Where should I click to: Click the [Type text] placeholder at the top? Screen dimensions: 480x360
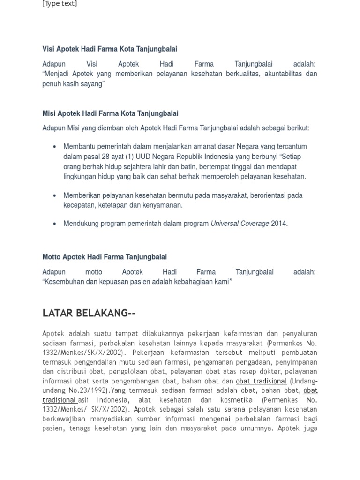pyautogui.click(x=60, y=4)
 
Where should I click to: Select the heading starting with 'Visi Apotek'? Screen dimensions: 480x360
pyautogui.click(x=110, y=49)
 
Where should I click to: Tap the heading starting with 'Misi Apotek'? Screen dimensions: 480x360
pyautogui.click(x=110, y=113)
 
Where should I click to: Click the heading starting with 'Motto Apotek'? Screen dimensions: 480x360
pyautogui.click(x=105, y=257)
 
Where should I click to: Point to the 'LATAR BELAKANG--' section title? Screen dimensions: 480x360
pyautogui.click(x=89, y=313)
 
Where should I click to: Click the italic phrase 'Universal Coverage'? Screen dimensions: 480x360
pyautogui.click(x=240, y=224)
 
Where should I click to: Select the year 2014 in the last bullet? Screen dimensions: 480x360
pyautogui.click(x=278, y=224)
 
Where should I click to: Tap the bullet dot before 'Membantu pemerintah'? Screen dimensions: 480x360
pyautogui.click(x=55, y=147)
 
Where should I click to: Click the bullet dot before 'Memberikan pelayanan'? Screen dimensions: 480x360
pyautogui.click(x=55, y=195)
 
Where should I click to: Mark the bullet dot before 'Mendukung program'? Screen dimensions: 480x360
pyautogui.click(x=55, y=224)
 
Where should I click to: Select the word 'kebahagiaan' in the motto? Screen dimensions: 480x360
pyautogui.click(x=193, y=282)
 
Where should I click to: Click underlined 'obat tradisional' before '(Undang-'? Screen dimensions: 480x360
pyautogui.click(x=261, y=381)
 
